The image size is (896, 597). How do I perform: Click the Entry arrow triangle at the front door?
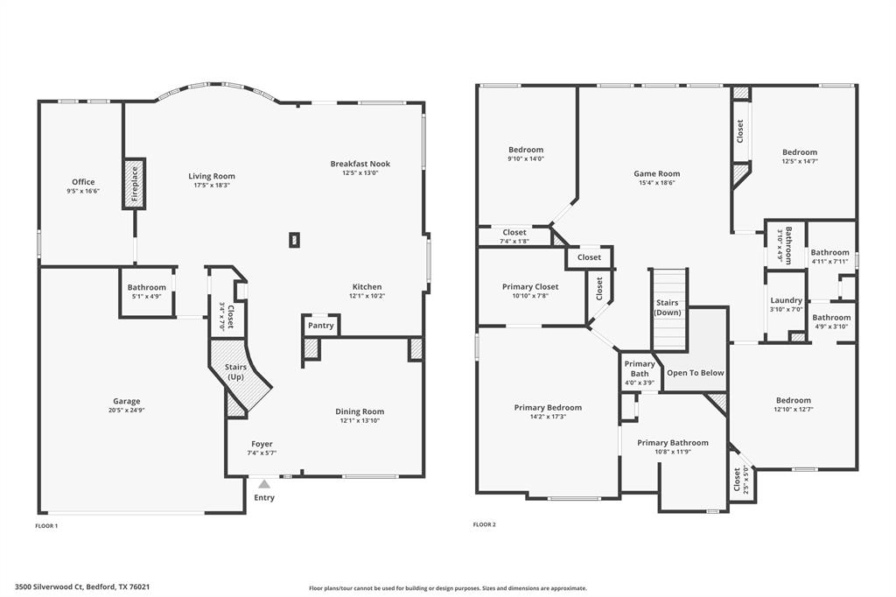click(x=264, y=483)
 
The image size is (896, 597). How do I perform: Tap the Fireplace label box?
click(x=134, y=184)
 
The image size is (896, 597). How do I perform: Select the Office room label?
click(x=83, y=182)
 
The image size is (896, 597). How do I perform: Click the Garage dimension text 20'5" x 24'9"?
click(x=126, y=411)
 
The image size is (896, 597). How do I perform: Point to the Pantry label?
click(x=321, y=326)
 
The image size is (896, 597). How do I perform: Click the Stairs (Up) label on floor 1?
click(x=235, y=371)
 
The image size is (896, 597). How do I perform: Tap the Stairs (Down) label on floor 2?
click(x=668, y=307)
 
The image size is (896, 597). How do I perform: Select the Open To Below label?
click(x=696, y=373)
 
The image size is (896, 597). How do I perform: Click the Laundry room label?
click(x=786, y=300)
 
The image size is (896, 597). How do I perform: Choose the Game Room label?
click(x=656, y=173)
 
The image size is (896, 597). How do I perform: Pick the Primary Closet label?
click(x=530, y=286)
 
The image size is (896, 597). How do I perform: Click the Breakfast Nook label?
click(x=360, y=164)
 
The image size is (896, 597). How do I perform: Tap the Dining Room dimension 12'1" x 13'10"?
click(x=360, y=421)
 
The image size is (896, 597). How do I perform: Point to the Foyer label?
click(x=262, y=444)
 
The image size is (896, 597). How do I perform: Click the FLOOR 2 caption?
click(x=484, y=524)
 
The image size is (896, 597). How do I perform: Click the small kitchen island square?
click(x=295, y=239)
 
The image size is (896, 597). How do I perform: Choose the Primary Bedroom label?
click(x=548, y=407)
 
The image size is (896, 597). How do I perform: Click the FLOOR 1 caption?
click(x=45, y=525)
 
